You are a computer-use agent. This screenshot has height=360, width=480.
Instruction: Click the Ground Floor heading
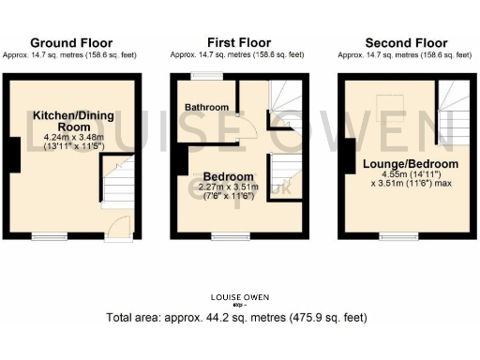tap(71, 43)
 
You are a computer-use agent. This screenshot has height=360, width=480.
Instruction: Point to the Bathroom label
tap(206, 107)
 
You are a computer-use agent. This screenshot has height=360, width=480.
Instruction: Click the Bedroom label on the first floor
tap(228, 177)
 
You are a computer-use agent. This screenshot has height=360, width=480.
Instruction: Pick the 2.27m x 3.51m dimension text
tap(228, 188)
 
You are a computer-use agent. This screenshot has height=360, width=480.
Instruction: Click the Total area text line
tap(240, 318)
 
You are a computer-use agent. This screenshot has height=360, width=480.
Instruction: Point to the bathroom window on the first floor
tap(206, 76)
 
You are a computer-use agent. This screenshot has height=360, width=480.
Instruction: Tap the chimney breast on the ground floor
tap(15, 155)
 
